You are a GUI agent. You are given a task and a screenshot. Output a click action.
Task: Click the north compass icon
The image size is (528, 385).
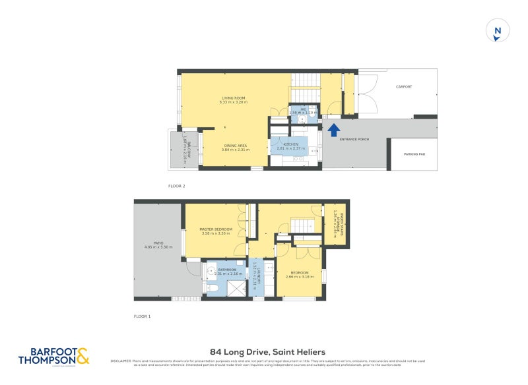[x=498, y=30]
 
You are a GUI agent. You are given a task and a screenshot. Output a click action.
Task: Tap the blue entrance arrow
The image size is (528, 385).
[x=334, y=130]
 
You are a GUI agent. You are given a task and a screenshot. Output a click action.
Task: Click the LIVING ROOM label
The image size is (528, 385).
[x=233, y=98]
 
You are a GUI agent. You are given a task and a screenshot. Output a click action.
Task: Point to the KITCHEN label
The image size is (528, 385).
[x=291, y=144]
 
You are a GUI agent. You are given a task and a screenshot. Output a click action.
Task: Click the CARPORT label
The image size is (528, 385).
[x=403, y=86]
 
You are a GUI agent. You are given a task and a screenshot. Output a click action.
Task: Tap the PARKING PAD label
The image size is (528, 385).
[x=413, y=154]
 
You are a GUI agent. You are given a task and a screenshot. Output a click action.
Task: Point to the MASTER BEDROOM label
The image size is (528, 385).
[x=216, y=229]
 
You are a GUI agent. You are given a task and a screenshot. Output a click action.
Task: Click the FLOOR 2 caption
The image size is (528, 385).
[x=176, y=187]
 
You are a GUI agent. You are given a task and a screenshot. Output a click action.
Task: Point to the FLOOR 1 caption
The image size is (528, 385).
[x=142, y=316]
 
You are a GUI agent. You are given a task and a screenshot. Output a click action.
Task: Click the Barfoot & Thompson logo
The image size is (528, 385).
[x=54, y=357]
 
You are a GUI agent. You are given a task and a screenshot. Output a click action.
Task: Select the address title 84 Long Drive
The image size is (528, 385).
[x=263, y=352]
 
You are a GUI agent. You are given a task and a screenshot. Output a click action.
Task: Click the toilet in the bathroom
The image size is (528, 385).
[x=213, y=289]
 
